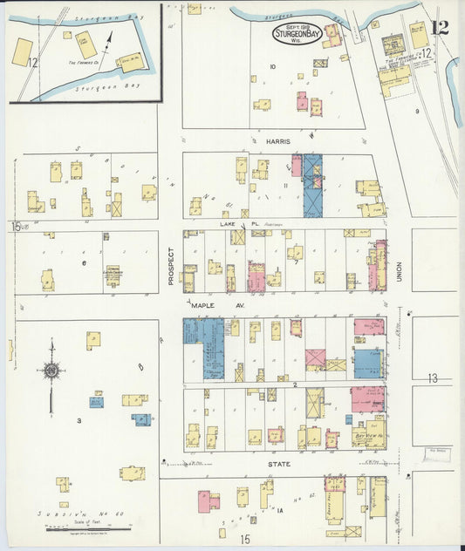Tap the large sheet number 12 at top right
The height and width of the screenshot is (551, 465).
[x=440, y=27]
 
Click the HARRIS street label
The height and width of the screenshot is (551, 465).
[x=279, y=139]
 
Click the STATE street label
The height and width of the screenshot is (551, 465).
[x=279, y=464]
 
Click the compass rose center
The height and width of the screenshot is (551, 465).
[x=51, y=371]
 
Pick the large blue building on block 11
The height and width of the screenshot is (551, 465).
[x=312, y=185]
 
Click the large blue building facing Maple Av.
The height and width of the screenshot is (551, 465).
[x=203, y=347]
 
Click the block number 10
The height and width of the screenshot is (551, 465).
[x=272, y=66]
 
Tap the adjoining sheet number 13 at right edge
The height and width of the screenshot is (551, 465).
[x=434, y=378]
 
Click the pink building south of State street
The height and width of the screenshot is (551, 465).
[x=203, y=500]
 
